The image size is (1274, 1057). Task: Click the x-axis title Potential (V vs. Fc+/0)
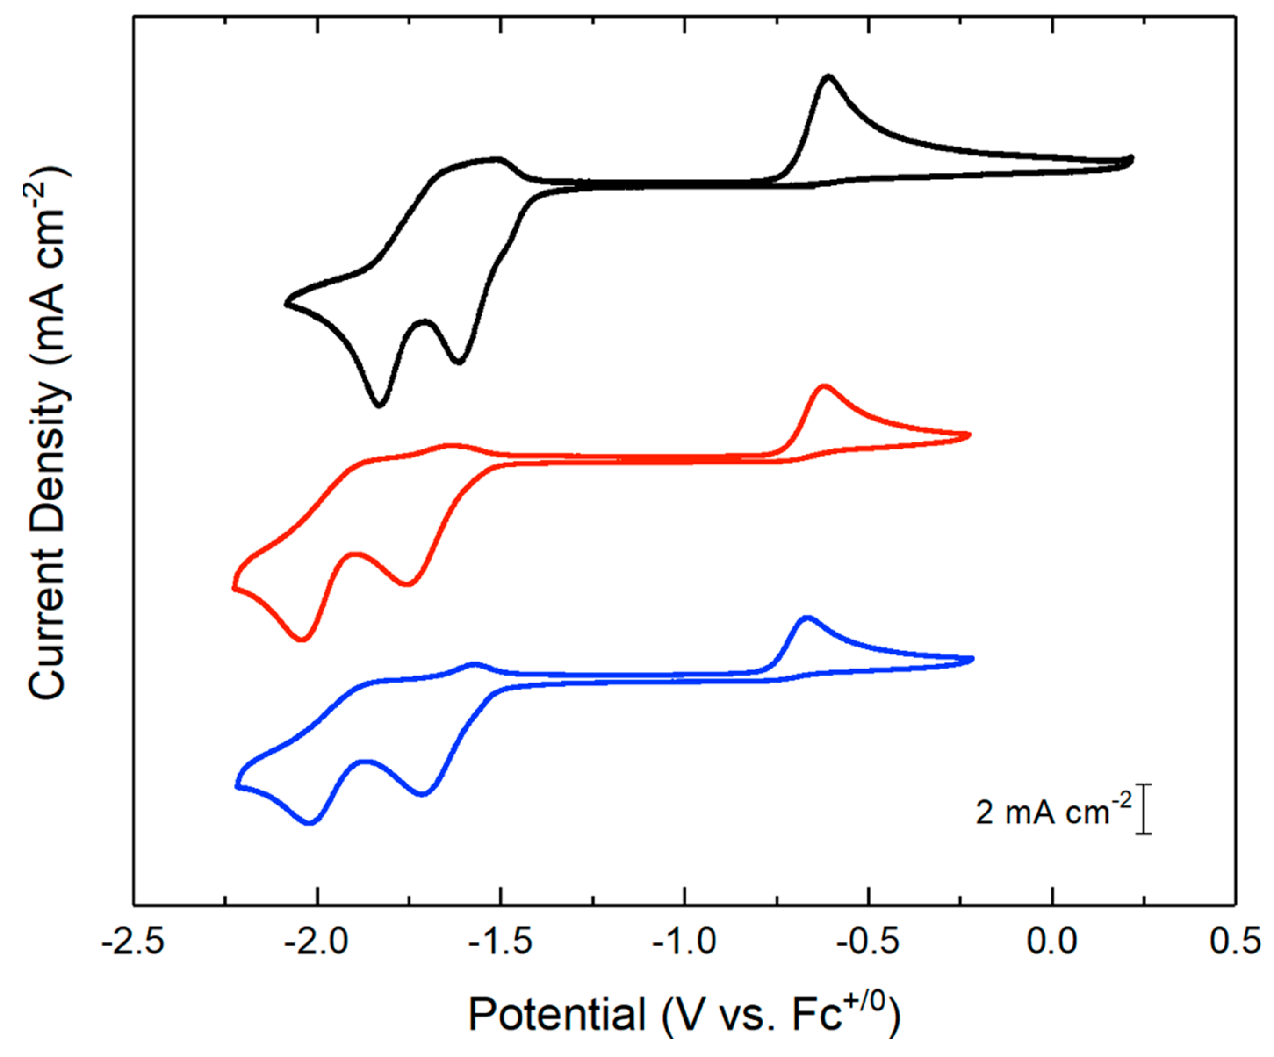coord(684,1014)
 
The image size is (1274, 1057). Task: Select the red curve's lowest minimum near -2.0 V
coord(302,639)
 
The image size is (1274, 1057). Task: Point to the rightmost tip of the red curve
coord(969,435)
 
